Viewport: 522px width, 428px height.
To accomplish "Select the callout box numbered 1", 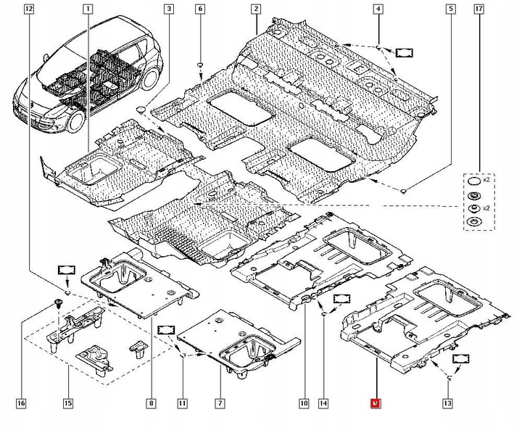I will [x=88, y=9].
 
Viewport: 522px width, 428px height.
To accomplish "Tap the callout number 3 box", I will [x=168, y=9].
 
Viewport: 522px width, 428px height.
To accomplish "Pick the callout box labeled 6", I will [x=201, y=9].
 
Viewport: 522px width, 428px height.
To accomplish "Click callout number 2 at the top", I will [x=255, y=9].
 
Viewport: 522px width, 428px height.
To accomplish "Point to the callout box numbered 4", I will [x=378, y=9].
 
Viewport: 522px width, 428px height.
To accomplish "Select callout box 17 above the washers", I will [x=478, y=9].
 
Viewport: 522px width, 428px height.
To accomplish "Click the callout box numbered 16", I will [x=21, y=403].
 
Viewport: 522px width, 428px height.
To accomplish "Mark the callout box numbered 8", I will [x=151, y=403].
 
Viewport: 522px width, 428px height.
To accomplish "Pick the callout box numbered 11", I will [x=182, y=403].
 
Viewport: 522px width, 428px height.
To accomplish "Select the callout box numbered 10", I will [x=303, y=403].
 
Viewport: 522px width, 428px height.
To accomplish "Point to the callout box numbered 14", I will [x=323, y=403].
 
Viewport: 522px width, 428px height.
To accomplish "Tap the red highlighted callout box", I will [x=375, y=403].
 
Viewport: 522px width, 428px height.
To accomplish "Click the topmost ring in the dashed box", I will [x=473, y=181].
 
